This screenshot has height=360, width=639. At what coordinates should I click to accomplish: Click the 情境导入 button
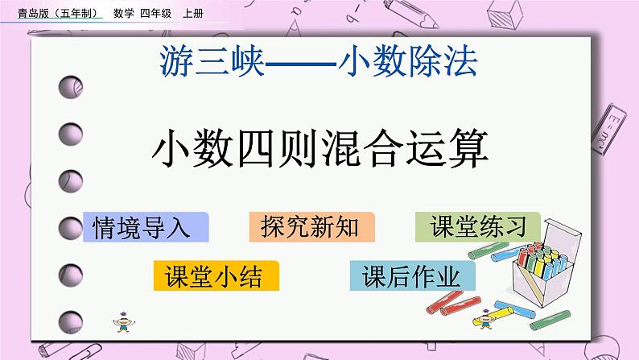click(x=146, y=227)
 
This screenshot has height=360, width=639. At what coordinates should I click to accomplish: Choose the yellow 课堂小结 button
click(x=216, y=276)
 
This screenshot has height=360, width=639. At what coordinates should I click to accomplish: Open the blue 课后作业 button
click(x=412, y=276)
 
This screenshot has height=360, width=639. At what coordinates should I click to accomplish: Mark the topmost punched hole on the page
click(x=69, y=85)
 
